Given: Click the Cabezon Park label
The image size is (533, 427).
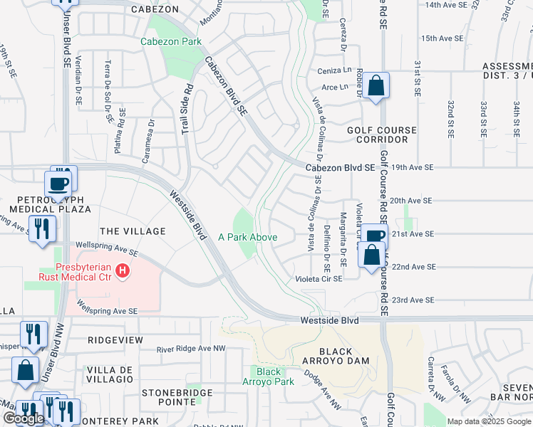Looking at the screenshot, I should [x=171, y=42].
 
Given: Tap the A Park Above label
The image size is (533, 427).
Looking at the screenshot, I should [x=247, y=237].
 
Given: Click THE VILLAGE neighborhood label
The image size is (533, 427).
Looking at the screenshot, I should [x=133, y=231].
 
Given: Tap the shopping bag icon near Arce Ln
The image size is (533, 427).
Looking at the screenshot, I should [x=376, y=86].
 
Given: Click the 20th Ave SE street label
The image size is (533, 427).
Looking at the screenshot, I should [x=412, y=201].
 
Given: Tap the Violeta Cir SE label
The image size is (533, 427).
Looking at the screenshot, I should [x=319, y=279].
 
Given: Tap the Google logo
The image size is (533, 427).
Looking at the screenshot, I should [x=24, y=418].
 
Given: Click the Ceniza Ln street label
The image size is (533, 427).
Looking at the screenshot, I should [x=336, y=70].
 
